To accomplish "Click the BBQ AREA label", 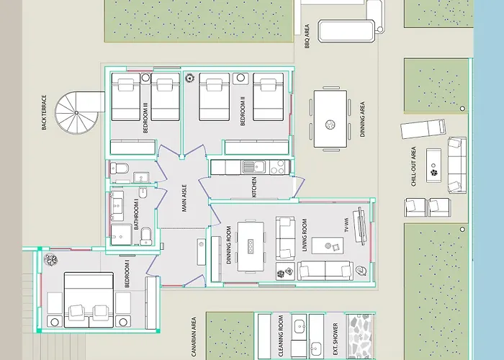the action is tap(307, 36).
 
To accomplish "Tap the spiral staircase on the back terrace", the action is tap(77, 112).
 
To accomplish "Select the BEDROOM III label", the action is tap(145, 118).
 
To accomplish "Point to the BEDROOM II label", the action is tap(243, 111).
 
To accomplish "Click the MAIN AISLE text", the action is tap(184, 198).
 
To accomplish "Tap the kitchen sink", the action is tap(253, 167).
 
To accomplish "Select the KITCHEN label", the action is tap(254, 187).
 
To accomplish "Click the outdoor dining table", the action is tap(330, 119).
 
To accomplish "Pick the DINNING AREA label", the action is tap(362, 120).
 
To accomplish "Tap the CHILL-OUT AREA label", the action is tap(414, 166).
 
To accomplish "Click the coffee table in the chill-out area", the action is tap(433, 166).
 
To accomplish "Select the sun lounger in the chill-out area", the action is tap(423, 129).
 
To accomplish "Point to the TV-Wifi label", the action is tap(346, 225).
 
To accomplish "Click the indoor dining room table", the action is tap(251, 246).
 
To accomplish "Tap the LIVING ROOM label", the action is tap(305, 235).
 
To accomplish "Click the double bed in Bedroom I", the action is tap(89, 300).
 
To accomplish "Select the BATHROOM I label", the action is tap(136, 215).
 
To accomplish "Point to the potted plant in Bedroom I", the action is tap(51, 260).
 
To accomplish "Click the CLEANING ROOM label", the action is tap(281, 336).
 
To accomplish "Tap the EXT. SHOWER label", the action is tap(336, 339).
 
